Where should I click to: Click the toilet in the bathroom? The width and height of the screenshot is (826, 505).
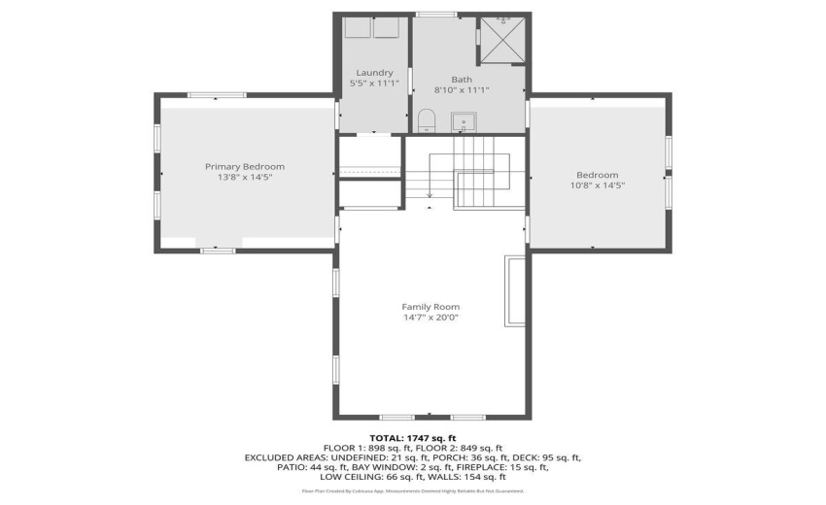pyautogui.click(x=426, y=121)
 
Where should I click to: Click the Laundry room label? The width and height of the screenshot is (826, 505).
pyautogui.click(x=374, y=73)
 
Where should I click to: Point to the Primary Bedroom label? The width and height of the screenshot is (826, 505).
pyautogui.click(x=244, y=166)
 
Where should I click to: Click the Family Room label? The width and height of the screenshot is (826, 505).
pyautogui.click(x=431, y=307)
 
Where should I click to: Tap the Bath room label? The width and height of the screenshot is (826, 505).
pyautogui.click(x=462, y=79)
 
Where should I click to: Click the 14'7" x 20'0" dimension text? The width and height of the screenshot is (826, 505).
pyautogui.click(x=431, y=318)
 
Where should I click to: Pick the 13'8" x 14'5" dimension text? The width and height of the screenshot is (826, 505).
pyautogui.click(x=244, y=177)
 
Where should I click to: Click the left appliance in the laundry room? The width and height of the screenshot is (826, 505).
pyautogui.click(x=358, y=27)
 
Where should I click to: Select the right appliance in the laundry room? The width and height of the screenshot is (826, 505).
pyautogui.click(x=387, y=27)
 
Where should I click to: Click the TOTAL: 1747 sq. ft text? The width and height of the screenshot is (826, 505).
pyautogui.click(x=413, y=437)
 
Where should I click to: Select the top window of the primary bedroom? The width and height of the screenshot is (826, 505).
pyautogui.click(x=203, y=95)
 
